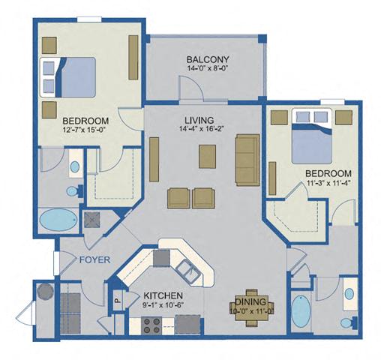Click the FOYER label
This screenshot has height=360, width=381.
[x=94, y=260]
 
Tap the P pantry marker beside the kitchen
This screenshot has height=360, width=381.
[x=116, y=298]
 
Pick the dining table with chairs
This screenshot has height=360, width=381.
[x=248, y=307]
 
